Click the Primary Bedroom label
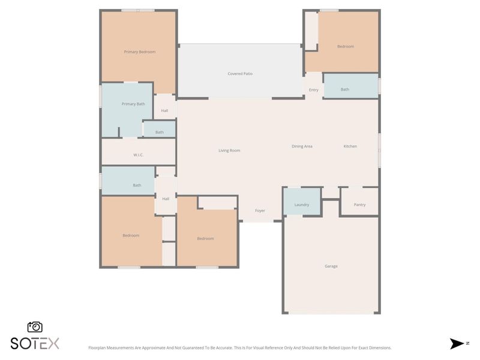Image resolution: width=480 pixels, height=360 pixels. (139, 52)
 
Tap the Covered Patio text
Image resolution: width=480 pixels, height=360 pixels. (240, 74)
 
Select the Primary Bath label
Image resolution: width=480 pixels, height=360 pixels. (133, 104)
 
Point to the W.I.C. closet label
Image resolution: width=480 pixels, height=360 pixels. (138, 155)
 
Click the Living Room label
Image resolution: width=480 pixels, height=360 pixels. (229, 151)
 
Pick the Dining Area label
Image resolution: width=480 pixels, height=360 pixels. (302, 146)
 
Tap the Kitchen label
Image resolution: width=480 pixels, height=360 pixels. (350, 146)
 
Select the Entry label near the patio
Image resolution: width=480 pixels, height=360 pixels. (314, 90)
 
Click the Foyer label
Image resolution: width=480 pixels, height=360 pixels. (260, 211)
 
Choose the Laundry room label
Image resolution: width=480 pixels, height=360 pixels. (302, 205)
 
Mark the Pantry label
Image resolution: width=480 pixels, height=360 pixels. (359, 205)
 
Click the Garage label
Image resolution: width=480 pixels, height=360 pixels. (331, 266)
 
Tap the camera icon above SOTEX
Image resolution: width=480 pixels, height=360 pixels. (35, 327)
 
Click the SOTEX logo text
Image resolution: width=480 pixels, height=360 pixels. (35, 343)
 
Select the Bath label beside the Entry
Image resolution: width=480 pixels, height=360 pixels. (345, 89)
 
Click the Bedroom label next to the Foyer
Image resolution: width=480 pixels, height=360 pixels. (205, 239)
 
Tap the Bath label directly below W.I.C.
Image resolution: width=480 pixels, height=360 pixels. (137, 185)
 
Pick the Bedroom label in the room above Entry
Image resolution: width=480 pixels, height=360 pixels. (345, 47)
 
